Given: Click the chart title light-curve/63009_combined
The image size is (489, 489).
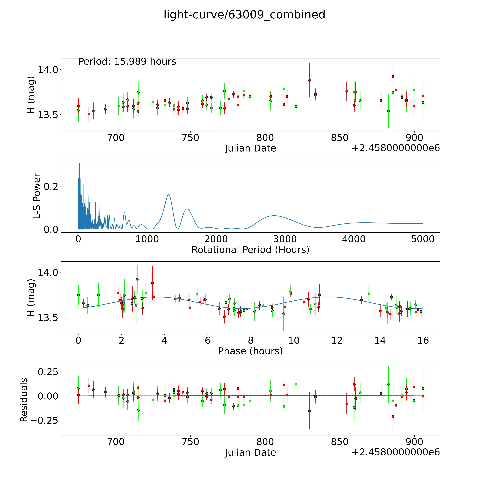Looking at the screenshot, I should pos(244,15).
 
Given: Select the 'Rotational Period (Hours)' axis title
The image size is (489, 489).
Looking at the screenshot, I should pos(250,250).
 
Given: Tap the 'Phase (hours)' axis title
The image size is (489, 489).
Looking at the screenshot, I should pos(250,351).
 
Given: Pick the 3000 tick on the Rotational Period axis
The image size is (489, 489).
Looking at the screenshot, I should pos(285,239).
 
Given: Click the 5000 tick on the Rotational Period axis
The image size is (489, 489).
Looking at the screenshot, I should pos(423,239).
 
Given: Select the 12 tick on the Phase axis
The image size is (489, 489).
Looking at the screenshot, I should pos(337,340).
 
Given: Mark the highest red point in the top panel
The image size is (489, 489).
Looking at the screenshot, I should pos(393,76).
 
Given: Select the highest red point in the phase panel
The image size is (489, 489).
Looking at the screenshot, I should pos(137,279).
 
